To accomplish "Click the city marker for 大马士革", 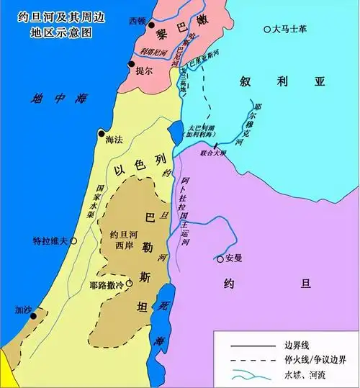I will (268, 30).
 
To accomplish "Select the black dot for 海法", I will (101, 134).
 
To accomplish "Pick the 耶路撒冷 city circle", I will (130, 284).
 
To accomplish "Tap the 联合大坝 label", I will (213, 153).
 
